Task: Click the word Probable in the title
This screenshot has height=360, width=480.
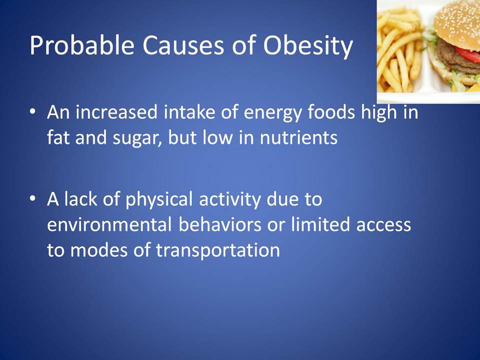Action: pos(81,45)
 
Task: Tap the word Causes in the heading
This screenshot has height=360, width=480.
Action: pos(183,45)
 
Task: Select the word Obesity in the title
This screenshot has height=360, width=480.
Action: pos(308,45)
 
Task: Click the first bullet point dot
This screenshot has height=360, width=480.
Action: pos(33,111)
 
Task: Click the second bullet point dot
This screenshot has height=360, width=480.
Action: pos(33,198)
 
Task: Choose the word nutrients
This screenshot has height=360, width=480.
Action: pos(299,138)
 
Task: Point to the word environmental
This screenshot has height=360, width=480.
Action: pos(109,224)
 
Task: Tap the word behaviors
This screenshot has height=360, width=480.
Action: pos(220,224)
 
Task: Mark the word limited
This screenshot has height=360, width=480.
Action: pos(320,224)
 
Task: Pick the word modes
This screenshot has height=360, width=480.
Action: pos(98,250)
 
